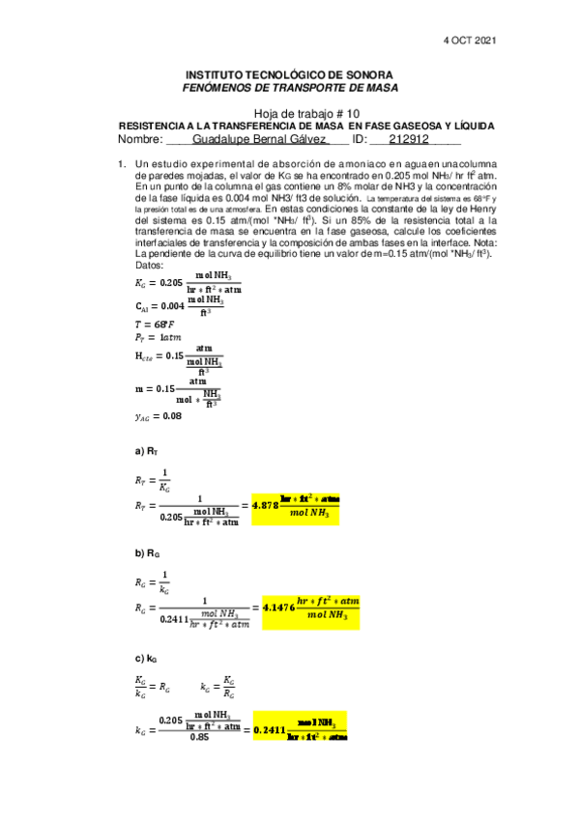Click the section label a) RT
146,451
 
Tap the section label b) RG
147,553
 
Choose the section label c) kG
146,658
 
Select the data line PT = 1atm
158,338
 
